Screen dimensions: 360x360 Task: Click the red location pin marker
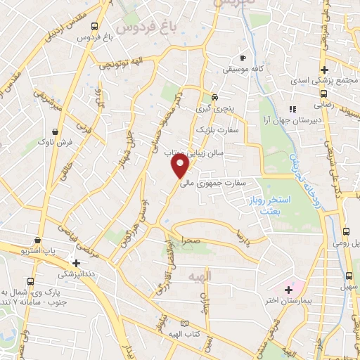tap(181, 166)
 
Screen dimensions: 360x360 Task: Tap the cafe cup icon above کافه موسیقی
tap(243, 58)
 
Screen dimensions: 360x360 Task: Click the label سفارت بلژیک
tap(217, 130)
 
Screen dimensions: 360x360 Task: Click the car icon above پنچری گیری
tap(215, 98)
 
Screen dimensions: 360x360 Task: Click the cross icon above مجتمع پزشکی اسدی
tap(324, 70)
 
